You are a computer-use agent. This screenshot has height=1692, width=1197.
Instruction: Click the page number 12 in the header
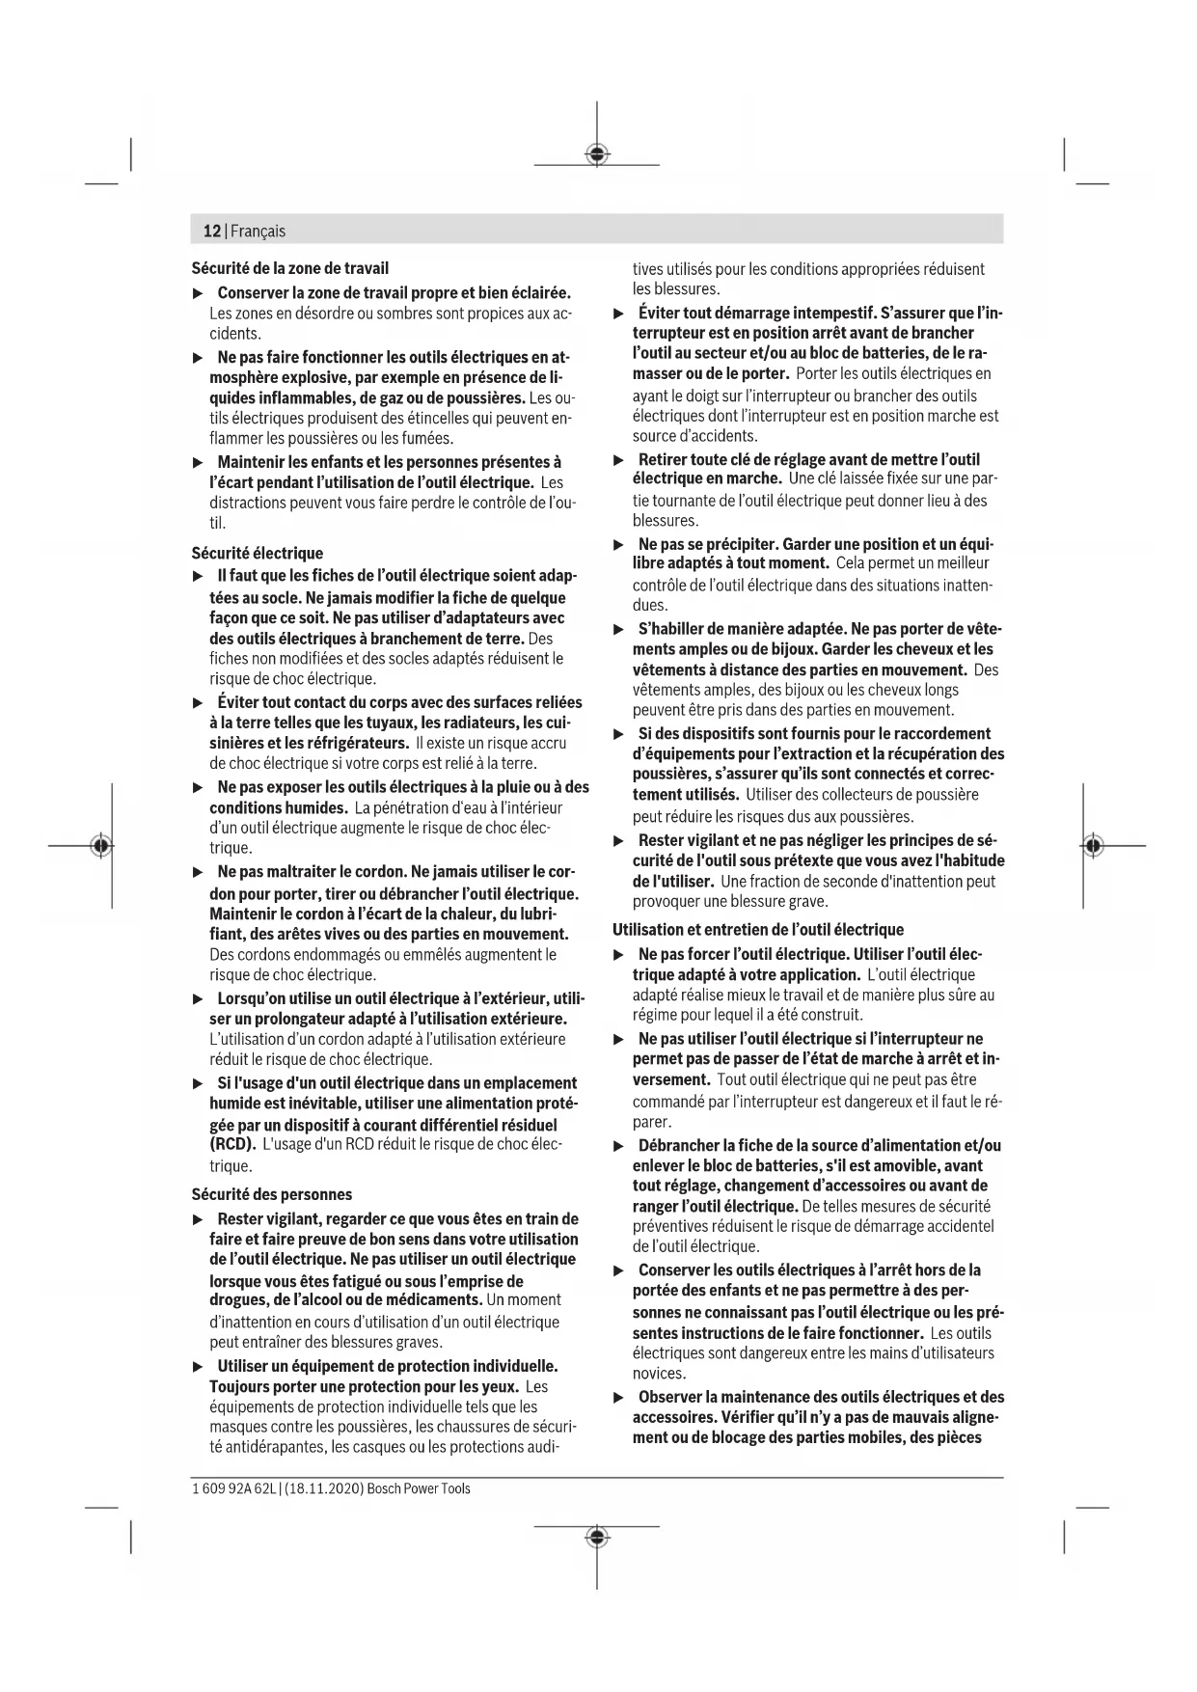(211, 232)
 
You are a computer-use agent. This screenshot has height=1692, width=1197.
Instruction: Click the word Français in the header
(258, 232)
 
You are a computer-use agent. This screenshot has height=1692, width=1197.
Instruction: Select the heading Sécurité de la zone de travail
(289, 268)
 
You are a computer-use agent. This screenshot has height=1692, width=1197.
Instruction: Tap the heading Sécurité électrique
(257, 553)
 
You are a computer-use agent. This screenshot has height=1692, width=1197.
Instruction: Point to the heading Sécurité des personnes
(271, 1194)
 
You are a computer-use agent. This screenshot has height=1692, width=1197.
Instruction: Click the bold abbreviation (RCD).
(232, 1145)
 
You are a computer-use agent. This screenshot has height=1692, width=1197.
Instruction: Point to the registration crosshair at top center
(597, 154)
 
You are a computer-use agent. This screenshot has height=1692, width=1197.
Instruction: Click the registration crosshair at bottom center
(597, 1536)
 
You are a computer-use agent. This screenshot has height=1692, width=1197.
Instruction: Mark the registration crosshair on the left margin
(101, 846)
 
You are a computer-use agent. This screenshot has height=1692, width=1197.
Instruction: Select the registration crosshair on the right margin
(1092, 846)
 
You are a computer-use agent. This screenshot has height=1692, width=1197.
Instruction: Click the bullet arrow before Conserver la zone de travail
(198, 293)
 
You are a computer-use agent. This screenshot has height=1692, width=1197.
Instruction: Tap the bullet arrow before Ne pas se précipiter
(619, 544)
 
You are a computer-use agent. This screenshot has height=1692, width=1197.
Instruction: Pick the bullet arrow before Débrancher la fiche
(619, 1146)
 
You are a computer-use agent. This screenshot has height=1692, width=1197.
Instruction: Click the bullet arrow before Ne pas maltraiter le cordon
(198, 873)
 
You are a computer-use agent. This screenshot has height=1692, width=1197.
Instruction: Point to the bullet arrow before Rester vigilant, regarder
(198, 1219)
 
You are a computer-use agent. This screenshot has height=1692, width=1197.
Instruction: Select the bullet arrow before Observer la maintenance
(619, 1397)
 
